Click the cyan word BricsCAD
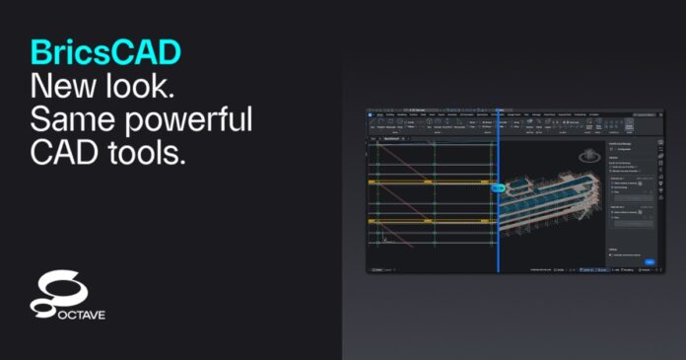click(97, 53)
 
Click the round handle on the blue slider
click(498, 187)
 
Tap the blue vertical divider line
click(498, 237)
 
